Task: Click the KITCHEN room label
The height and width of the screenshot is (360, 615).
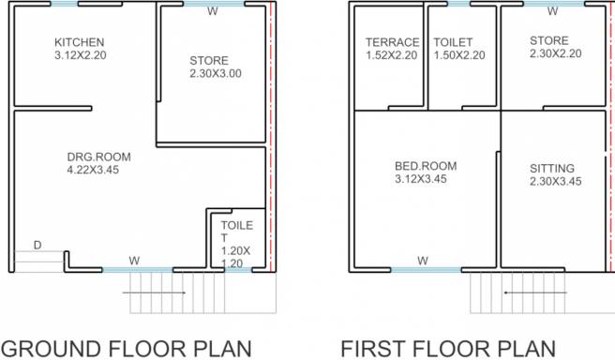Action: (x=80, y=42)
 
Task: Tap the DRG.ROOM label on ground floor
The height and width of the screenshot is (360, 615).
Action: (x=98, y=157)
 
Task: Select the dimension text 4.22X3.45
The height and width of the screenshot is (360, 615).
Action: (x=93, y=170)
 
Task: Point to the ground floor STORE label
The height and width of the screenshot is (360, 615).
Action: (x=209, y=60)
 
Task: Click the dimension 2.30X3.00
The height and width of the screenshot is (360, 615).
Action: (x=216, y=73)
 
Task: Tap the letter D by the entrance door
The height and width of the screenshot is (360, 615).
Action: (x=37, y=245)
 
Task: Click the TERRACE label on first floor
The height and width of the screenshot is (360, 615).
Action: (x=393, y=42)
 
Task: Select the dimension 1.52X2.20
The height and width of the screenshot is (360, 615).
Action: (x=392, y=55)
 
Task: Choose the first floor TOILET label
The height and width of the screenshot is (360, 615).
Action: (x=453, y=42)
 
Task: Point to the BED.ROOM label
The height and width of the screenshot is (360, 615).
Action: (x=426, y=166)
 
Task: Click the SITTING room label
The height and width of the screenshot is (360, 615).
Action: (x=552, y=168)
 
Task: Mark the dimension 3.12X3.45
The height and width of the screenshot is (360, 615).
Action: (x=420, y=179)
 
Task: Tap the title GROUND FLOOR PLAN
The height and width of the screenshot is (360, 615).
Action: (x=127, y=349)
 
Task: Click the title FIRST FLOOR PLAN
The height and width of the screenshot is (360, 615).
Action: (x=448, y=349)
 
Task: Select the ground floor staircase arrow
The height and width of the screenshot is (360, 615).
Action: (x=154, y=292)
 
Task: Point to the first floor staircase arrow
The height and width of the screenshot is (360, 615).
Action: (x=535, y=292)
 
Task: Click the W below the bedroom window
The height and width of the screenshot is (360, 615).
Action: (x=423, y=261)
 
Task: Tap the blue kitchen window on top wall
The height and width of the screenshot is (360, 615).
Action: (x=65, y=4)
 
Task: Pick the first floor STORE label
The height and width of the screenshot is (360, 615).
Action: (x=549, y=40)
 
